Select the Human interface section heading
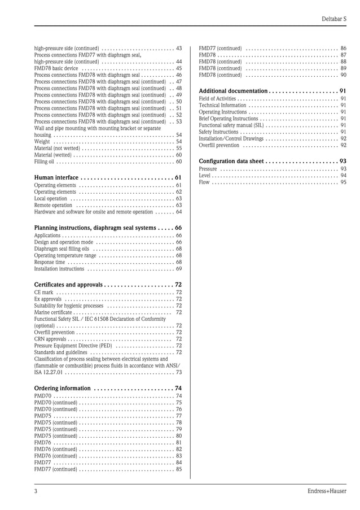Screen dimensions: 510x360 pyautogui.click(x=56, y=177)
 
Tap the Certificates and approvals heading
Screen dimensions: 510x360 pyautogui.click(x=68, y=285)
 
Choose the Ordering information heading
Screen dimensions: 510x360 pyautogui.click(x=62, y=388)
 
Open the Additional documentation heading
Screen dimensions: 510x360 pyautogui.click(x=233, y=91)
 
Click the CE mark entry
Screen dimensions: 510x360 pyautogui.click(x=44, y=293)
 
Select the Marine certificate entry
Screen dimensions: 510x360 pyautogui.click(x=53, y=312)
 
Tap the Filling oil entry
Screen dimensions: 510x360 pyautogui.click(x=44, y=162)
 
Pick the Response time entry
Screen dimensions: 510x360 pyautogui.click(x=50, y=262)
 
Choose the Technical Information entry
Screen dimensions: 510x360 pyautogui.click(x=222, y=105)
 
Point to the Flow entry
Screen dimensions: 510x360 pyautogui.click(x=204, y=182)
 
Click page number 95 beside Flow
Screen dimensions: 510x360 pyautogui.click(x=343, y=182)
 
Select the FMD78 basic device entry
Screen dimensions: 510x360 pyautogui.click(x=56, y=68)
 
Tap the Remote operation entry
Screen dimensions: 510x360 pyautogui.click(x=53, y=206)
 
